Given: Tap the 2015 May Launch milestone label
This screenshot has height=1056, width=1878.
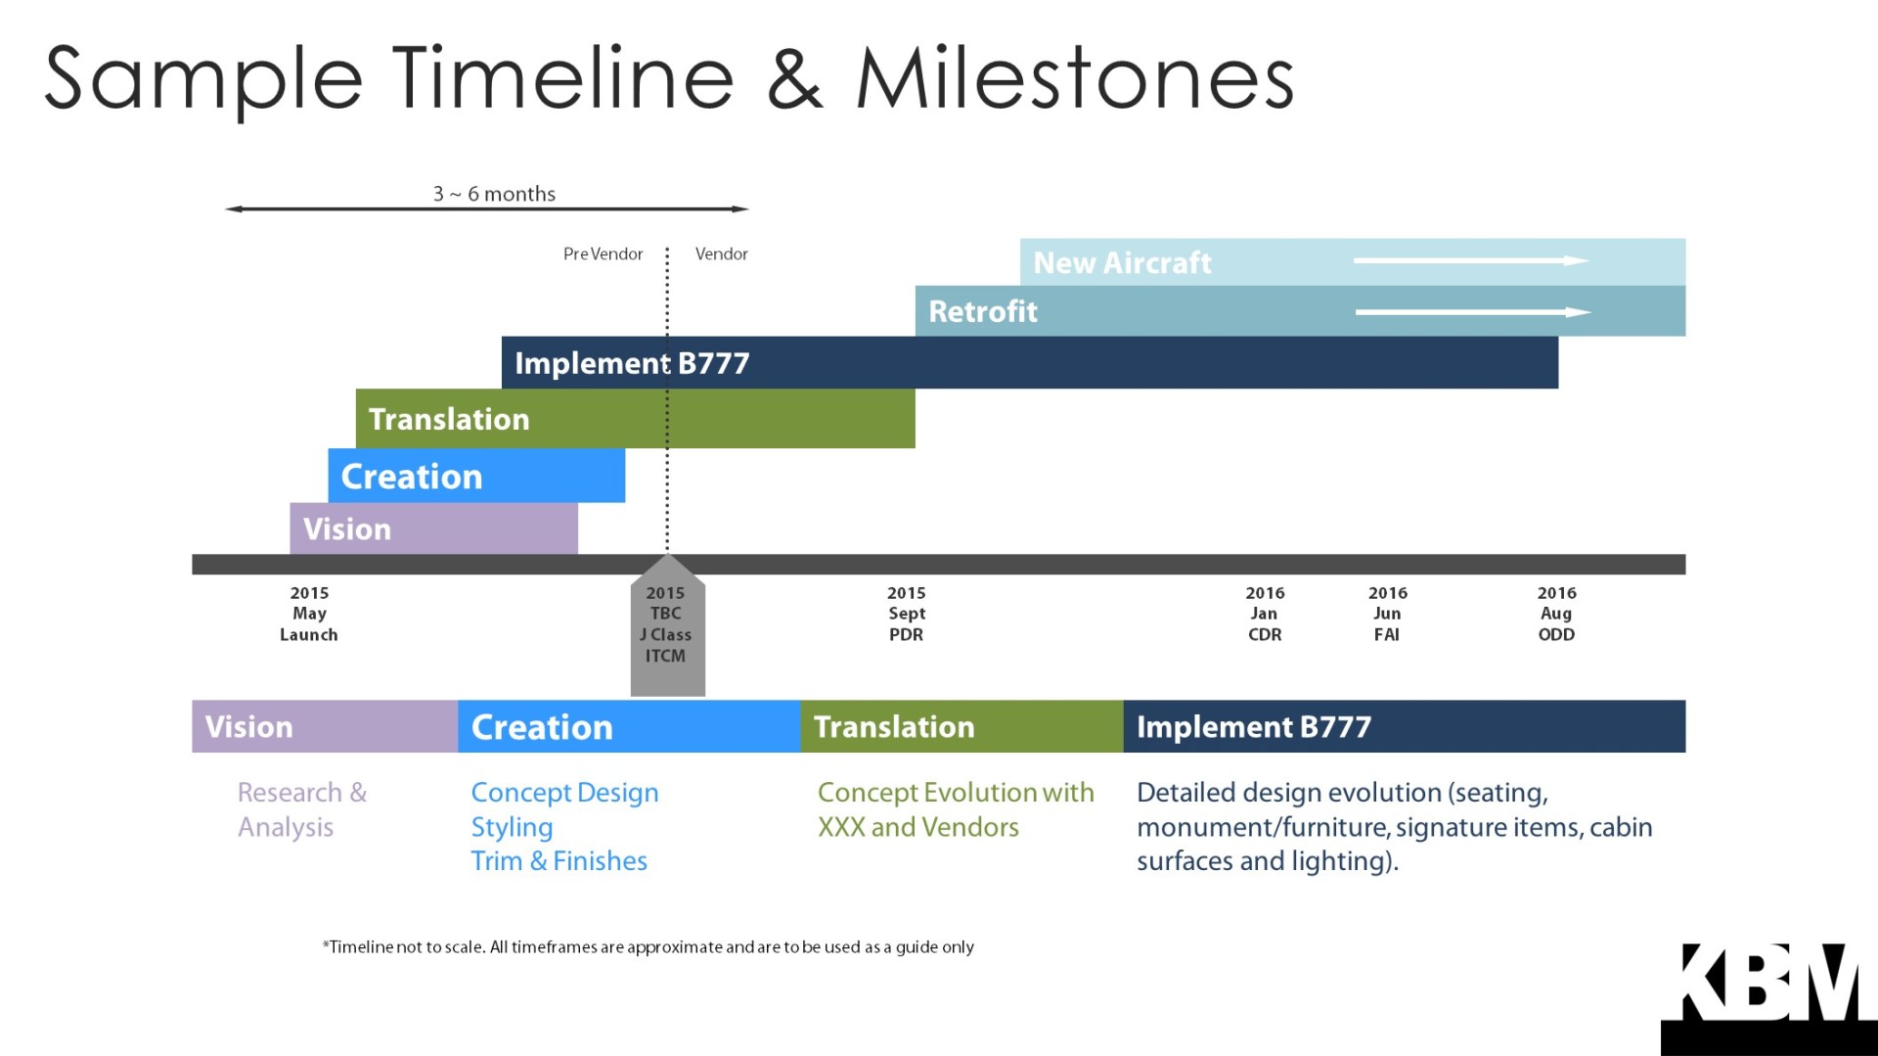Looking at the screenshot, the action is pyautogui.click(x=309, y=614).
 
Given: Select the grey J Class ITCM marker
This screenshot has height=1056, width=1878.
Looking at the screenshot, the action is pyautogui.click(x=667, y=625).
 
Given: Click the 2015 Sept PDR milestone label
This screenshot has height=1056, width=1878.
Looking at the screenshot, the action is pyautogui.click(x=907, y=614).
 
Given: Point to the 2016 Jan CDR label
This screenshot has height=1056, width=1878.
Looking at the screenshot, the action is pyautogui.click(x=1265, y=614).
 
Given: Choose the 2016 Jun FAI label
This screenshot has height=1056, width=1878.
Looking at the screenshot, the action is pyautogui.click(x=1388, y=614).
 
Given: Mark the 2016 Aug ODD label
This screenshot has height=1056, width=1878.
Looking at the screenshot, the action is pyautogui.click(x=1556, y=614).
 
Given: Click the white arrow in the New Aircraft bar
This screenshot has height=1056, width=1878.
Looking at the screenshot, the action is pyautogui.click(x=1471, y=260).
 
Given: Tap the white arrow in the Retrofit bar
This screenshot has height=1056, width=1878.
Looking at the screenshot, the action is pyautogui.click(x=1473, y=312).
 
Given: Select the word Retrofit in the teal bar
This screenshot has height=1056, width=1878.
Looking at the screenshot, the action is pyautogui.click(x=983, y=311).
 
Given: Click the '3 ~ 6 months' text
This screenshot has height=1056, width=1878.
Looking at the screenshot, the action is pyautogui.click(x=494, y=194).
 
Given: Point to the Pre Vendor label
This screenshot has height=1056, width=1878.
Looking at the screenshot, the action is pyautogui.click(x=603, y=253).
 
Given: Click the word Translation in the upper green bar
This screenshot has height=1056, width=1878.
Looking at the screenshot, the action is pyautogui.click(x=449, y=419).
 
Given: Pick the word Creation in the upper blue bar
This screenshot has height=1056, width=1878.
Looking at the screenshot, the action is pyautogui.click(x=412, y=477).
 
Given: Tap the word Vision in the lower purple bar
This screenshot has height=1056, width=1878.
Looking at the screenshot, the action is pyautogui.click(x=248, y=726).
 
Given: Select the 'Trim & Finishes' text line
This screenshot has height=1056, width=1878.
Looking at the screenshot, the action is pyautogui.click(x=559, y=861).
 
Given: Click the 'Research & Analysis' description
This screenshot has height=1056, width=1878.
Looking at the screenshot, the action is pyautogui.click(x=302, y=809).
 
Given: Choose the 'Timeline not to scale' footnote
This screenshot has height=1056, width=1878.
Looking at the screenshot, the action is pyautogui.click(x=648, y=946).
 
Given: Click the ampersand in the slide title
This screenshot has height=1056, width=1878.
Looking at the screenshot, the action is pyautogui.click(x=794, y=78).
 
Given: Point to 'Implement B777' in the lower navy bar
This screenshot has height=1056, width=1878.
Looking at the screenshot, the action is pyautogui.click(x=1254, y=726).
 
